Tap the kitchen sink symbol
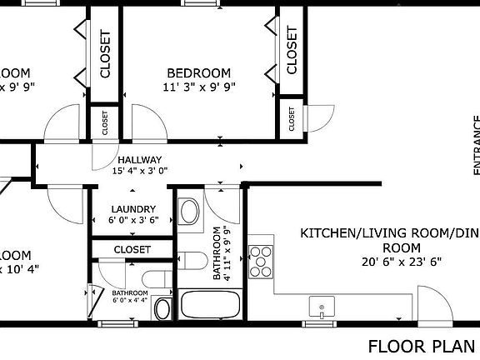pyautogui.click(x=320, y=307)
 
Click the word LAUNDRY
pyautogui.click(x=133, y=209)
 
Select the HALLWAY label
pyautogui.click(x=139, y=160)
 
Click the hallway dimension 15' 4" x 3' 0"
pyautogui.click(x=139, y=172)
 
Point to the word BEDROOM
pyautogui.click(x=197, y=72)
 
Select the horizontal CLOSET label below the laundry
pyautogui.click(x=132, y=249)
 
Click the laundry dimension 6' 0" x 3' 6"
pyautogui.click(x=133, y=221)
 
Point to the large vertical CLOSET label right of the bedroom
pyautogui.click(x=292, y=50)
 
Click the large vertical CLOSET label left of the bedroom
pyautogui.click(x=105, y=54)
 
